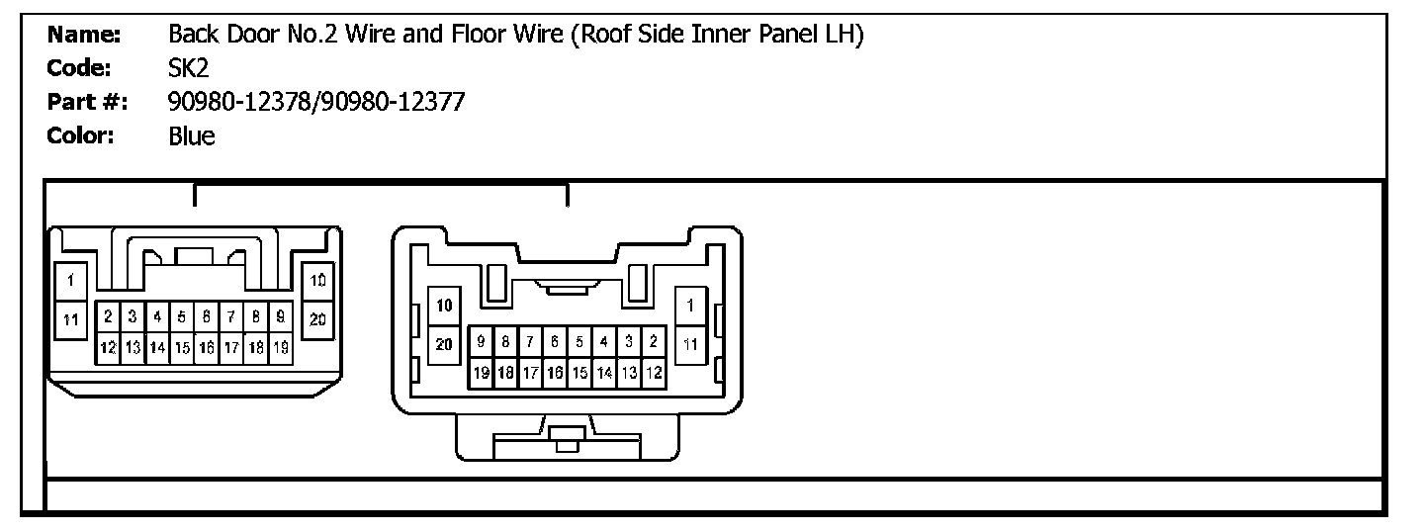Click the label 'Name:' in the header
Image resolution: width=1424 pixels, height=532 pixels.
[84, 35]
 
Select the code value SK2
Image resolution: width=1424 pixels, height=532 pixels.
[188, 68]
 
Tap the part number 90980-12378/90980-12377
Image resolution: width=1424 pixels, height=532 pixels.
[316, 102]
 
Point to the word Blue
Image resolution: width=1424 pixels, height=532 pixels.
[192, 136]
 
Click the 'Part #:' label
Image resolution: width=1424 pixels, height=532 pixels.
[88, 102]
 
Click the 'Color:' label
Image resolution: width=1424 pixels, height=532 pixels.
[81, 135]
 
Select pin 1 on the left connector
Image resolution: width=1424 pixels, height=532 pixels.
[70, 281]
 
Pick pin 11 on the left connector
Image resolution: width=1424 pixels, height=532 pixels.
[70, 319]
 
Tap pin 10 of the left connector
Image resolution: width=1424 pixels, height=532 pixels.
[317, 281]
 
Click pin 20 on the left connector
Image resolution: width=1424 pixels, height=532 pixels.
[317, 319]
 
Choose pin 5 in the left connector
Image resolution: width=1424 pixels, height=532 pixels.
[182, 316]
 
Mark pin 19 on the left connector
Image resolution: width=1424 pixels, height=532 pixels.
[281, 348]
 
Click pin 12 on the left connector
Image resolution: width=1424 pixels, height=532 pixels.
[108, 348]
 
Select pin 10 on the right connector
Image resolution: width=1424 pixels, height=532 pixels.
[444, 306]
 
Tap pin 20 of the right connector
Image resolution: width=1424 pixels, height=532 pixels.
[444, 345]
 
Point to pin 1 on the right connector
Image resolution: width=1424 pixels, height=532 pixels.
[690, 306]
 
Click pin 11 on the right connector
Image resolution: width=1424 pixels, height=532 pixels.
[690, 345]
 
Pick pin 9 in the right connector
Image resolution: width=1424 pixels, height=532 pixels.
[482, 342]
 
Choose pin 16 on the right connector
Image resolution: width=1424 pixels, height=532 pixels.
[555, 373]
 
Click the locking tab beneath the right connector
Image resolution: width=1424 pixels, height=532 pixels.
[567, 438]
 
